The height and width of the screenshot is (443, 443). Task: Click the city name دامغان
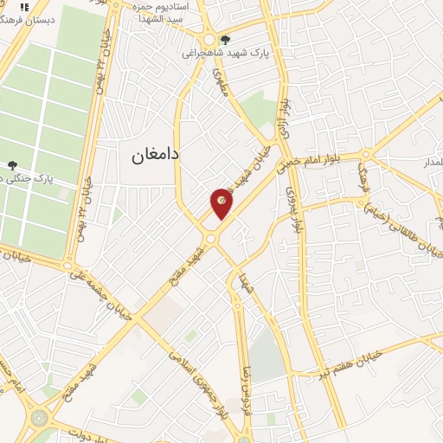(155, 155)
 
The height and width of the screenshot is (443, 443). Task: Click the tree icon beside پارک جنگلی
(12, 165)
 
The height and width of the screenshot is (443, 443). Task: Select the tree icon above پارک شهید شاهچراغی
(225, 39)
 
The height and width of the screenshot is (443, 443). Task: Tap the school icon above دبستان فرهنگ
(24, 6)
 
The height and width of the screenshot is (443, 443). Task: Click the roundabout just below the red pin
(210, 237)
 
